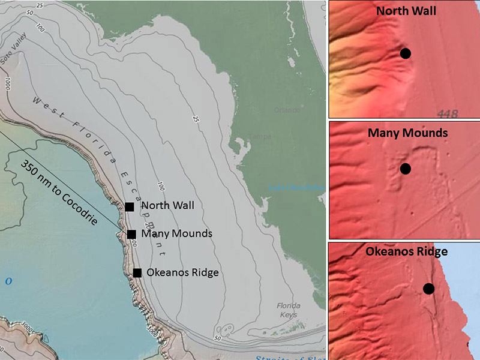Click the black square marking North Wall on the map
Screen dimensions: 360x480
point(130,206)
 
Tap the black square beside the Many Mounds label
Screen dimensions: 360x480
point(131,234)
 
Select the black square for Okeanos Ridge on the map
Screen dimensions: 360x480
point(137,273)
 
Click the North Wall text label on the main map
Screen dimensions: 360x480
point(167,205)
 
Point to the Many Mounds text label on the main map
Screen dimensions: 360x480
point(176,233)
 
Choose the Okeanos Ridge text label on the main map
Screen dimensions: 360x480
point(182,272)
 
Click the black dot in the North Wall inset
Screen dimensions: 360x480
point(406,53)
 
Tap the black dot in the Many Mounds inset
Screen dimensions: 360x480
point(406,169)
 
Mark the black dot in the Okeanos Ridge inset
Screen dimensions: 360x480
point(428,289)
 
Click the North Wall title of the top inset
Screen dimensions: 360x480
point(406,11)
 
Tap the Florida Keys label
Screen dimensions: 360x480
point(288,310)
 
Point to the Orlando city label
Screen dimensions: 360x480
point(286,110)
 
